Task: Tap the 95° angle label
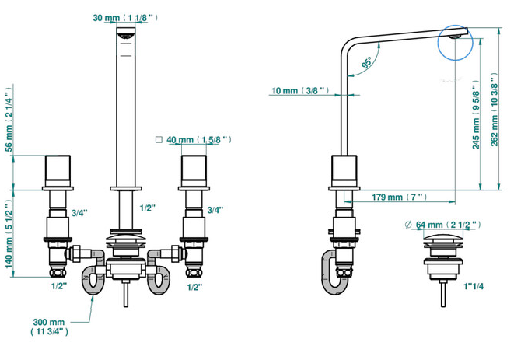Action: coord(367,62)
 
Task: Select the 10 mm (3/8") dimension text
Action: coord(300,90)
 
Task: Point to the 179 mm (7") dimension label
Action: coord(399,197)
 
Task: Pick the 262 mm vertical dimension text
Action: coord(495,109)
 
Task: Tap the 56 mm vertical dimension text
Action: coord(9,118)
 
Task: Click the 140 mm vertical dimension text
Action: coord(9,233)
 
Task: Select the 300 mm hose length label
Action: coord(50,327)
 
